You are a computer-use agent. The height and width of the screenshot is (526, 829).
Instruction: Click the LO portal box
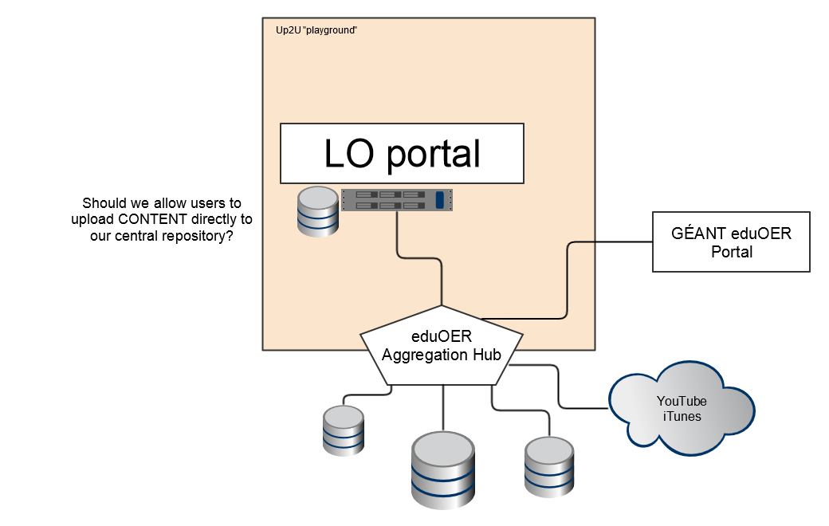(x=402, y=153)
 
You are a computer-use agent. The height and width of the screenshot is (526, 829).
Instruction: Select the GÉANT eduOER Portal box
(x=731, y=241)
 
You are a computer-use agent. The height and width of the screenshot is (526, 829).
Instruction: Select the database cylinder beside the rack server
(x=316, y=211)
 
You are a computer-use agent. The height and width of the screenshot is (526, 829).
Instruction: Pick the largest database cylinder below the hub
(x=443, y=469)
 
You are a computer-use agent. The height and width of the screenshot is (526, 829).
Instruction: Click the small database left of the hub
(x=344, y=430)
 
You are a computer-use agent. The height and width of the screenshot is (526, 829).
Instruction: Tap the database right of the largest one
(x=549, y=466)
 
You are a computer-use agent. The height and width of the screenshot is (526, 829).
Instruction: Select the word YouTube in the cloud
(x=682, y=402)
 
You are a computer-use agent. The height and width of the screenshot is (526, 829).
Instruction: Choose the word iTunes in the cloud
(x=682, y=416)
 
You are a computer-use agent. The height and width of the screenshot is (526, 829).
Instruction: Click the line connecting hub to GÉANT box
(x=568, y=279)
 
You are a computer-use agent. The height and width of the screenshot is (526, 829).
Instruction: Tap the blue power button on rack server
(x=440, y=200)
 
